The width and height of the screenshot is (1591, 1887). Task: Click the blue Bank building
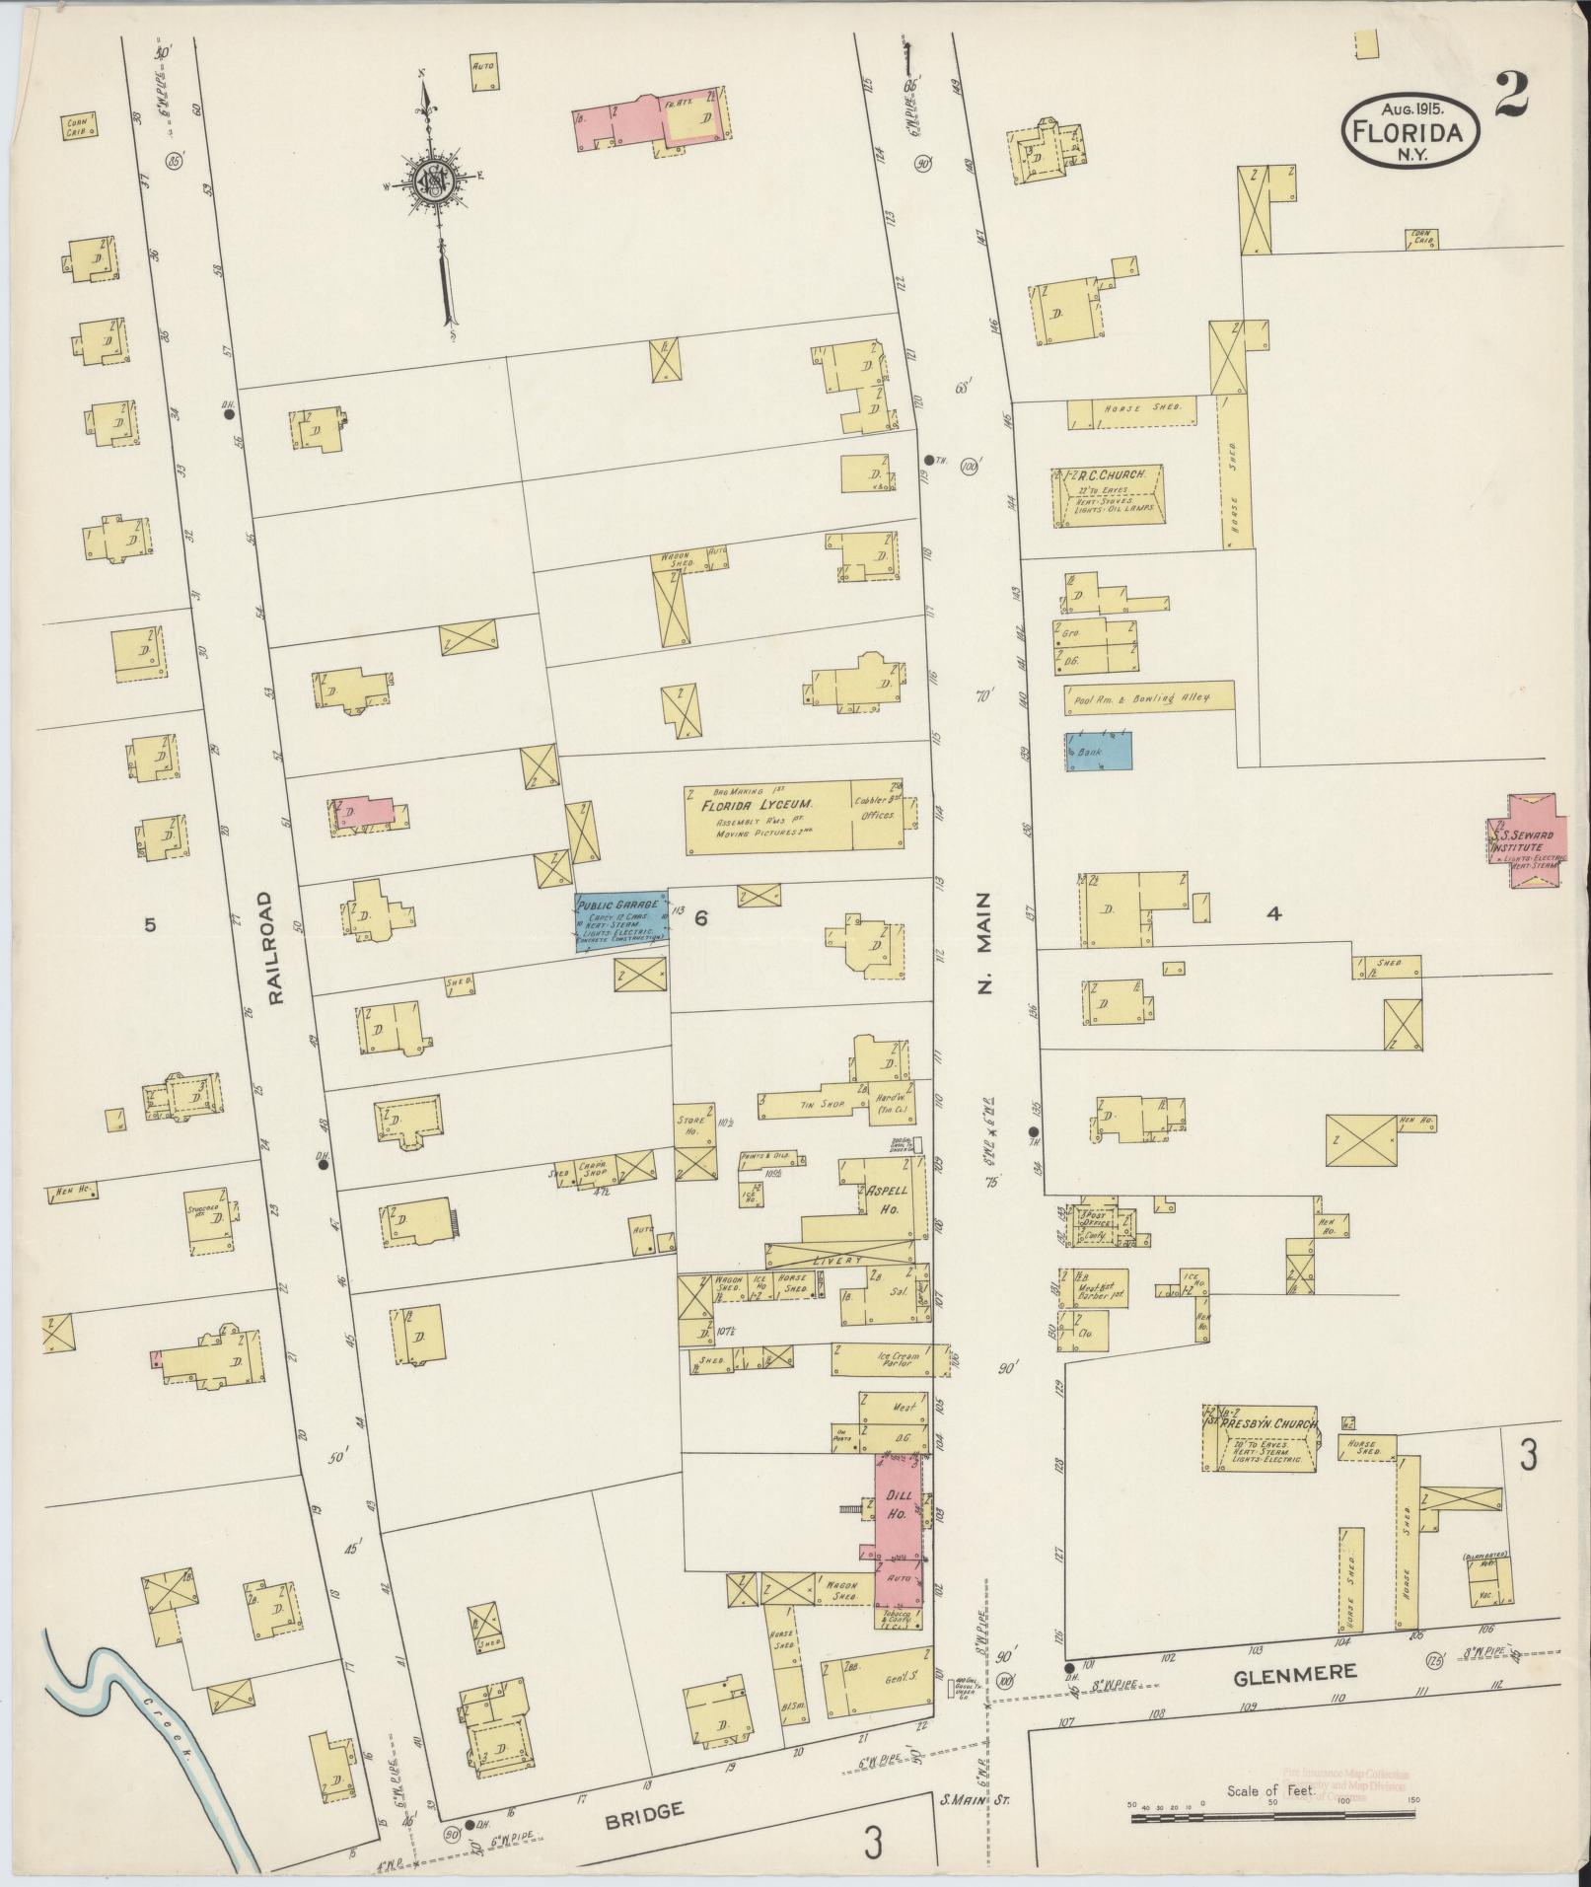tap(1098, 751)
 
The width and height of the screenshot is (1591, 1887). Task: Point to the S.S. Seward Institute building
tap(1527, 839)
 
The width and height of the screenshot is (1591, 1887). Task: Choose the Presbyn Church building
tap(1259, 1438)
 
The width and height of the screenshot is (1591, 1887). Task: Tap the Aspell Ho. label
tap(884, 1198)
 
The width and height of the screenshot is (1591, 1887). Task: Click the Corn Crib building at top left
tap(80, 125)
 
